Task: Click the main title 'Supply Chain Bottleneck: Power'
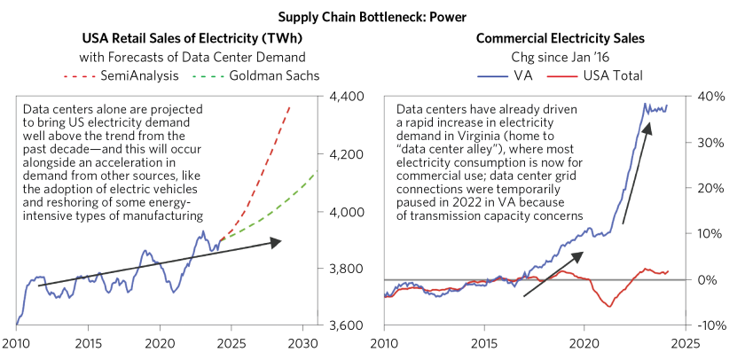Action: click(x=372, y=15)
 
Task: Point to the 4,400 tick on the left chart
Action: click(x=346, y=97)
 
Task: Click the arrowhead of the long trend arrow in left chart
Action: click(x=280, y=240)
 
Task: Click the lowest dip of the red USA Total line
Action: click(x=608, y=307)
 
